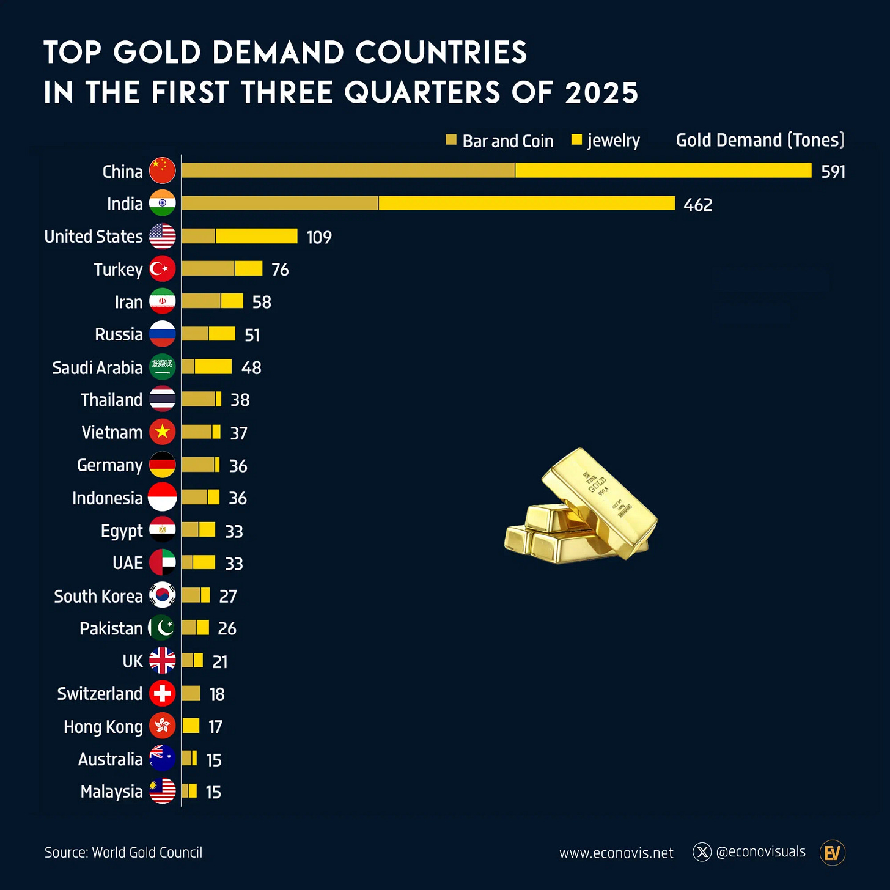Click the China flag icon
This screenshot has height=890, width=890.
pos(162,171)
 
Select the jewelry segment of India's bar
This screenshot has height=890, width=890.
pos(526,204)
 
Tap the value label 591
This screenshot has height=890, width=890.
pos(833,172)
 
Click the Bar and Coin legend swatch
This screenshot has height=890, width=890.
pos(451,140)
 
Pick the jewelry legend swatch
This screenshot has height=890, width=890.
pos(576,140)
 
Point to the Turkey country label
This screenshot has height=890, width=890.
pos(118,270)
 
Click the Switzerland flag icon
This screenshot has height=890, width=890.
pos(162,694)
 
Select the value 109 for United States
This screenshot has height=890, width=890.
pos(319,237)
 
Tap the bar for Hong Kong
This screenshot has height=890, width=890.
pos(191,726)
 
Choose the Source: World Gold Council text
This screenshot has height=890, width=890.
pos(123,853)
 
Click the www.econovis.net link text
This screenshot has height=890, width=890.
pos(616,853)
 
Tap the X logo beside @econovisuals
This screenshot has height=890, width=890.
pos(702,852)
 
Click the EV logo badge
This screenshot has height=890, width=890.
pos(832,853)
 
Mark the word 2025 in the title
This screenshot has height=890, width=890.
pos(601,93)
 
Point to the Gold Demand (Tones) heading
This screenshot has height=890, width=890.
pos(760,140)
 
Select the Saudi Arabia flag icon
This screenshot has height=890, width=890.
pos(162,367)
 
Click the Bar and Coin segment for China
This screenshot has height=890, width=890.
pos(348,171)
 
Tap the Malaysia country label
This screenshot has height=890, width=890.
pos(111,792)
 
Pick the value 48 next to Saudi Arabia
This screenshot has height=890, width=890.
pos(251,367)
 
